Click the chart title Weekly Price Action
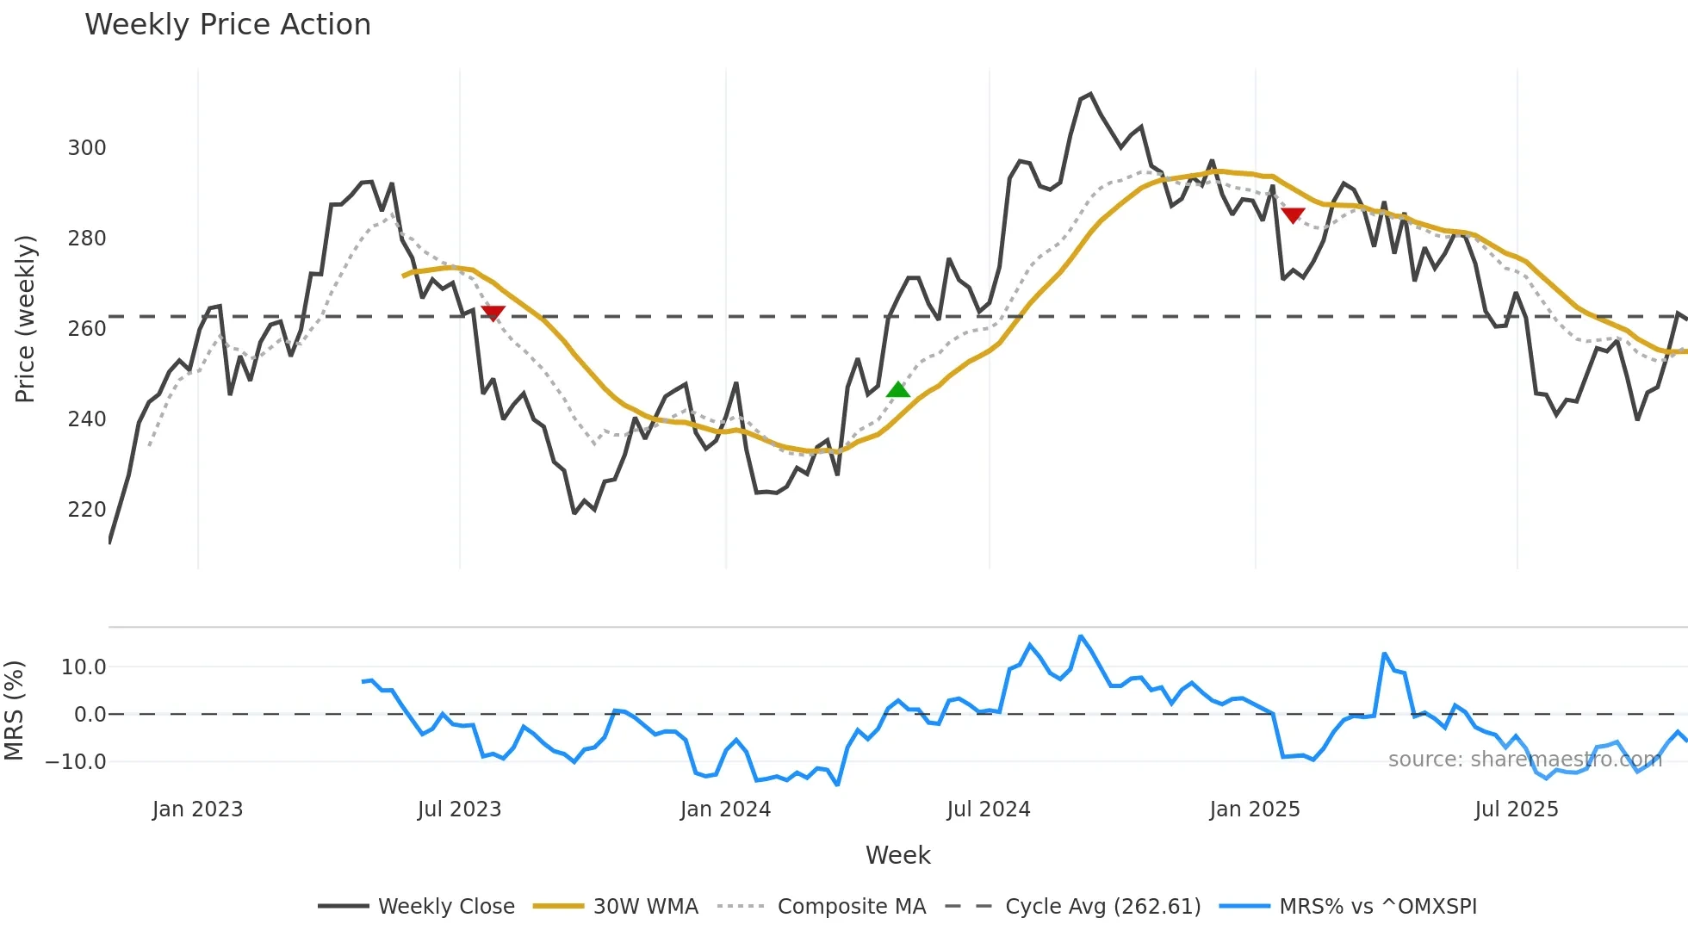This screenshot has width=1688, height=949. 227,25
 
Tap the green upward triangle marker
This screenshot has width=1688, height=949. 897,390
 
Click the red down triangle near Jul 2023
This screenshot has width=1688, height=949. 493,313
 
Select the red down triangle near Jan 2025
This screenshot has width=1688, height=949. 1293,215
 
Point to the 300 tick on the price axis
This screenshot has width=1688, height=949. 87,148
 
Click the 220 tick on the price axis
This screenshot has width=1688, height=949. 87,510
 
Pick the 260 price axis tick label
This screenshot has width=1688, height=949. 87,329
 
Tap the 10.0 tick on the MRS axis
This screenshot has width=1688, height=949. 84,667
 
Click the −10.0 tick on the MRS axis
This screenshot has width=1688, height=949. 76,762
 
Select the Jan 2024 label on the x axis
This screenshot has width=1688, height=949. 725,809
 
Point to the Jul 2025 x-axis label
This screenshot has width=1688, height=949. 1517,809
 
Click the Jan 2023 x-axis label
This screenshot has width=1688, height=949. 197,809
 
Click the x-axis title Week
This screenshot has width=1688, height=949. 897,855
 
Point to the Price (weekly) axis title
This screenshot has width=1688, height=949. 25,319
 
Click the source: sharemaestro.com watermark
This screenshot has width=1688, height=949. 1524,760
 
